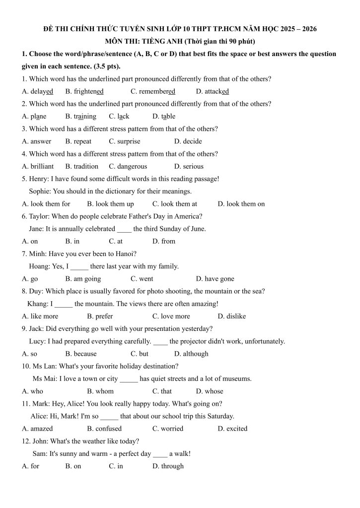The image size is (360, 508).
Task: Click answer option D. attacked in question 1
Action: pos(212,91)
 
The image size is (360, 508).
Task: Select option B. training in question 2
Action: pos(80,117)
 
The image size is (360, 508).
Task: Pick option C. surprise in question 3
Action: pos(125,141)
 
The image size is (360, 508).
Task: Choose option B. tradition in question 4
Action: pos(82,166)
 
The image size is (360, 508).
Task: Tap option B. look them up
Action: pos(110,204)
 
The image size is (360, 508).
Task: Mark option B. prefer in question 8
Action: pos(100,316)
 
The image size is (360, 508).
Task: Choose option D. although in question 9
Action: pos(191,354)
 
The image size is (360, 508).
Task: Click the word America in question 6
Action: pos(189,216)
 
